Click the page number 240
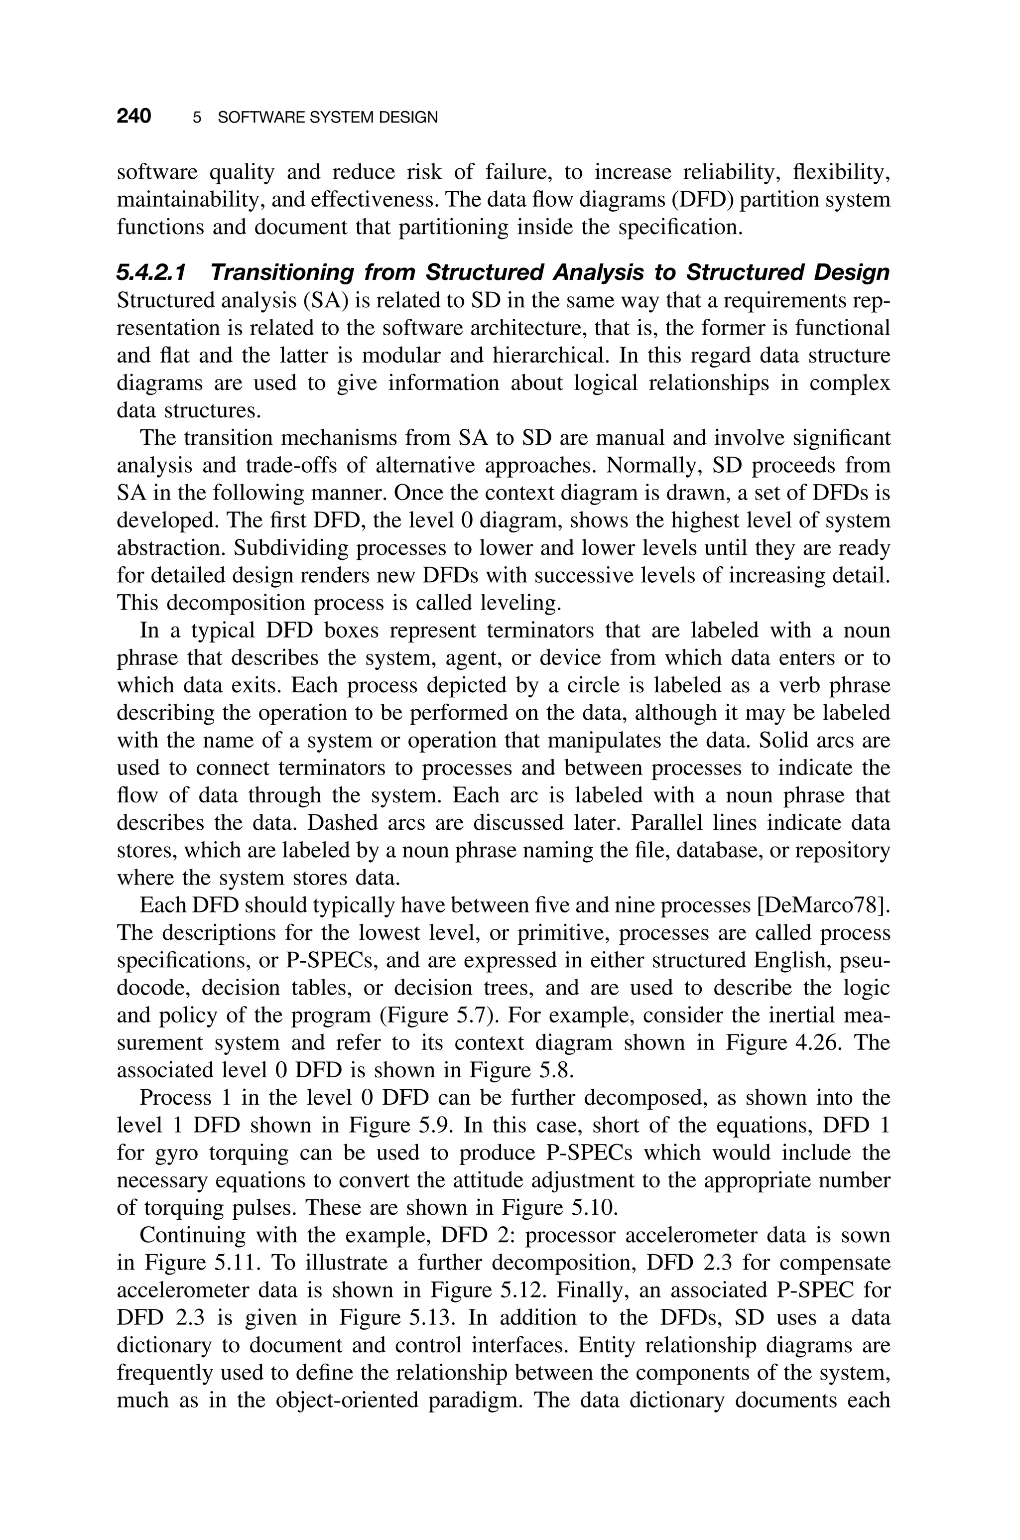[x=134, y=117]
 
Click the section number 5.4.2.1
[x=151, y=272]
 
